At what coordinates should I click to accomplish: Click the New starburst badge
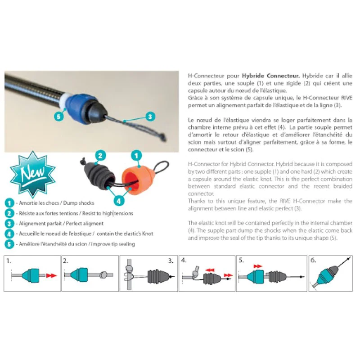(x=32, y=174)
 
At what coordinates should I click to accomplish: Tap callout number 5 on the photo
(x=58, y=117)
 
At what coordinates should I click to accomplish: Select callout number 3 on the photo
(x=150, y=117)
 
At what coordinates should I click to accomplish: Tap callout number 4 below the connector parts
(x=118, y=201)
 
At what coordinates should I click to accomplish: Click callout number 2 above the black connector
(x=100, y=156)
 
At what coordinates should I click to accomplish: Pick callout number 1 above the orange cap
(x=136, y=156)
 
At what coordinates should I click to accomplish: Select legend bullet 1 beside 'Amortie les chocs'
(x=9, y=203)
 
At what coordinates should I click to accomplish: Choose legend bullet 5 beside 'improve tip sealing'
(x=9, y=244)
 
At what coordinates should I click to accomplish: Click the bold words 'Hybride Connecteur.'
(x=271, y=76)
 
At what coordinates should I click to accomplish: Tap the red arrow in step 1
(x=51, y=275)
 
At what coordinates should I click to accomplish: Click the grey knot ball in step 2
(x=103, y=275)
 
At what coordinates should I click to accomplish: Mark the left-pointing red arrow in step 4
(x=210, y=270)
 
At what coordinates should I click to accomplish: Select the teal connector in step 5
(x=256, y=277)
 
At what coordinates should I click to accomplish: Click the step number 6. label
(x=313, y=261)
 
